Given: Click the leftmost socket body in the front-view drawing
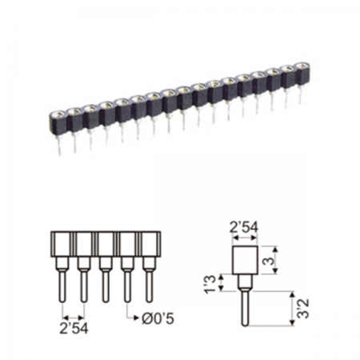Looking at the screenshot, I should pos(62,244).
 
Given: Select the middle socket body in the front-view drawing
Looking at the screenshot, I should pos(106,244).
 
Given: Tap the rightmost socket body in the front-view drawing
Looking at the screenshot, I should pos(149,244).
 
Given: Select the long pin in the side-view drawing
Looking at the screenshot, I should pos(244,308).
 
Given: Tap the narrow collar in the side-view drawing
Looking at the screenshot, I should pos(244,282).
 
